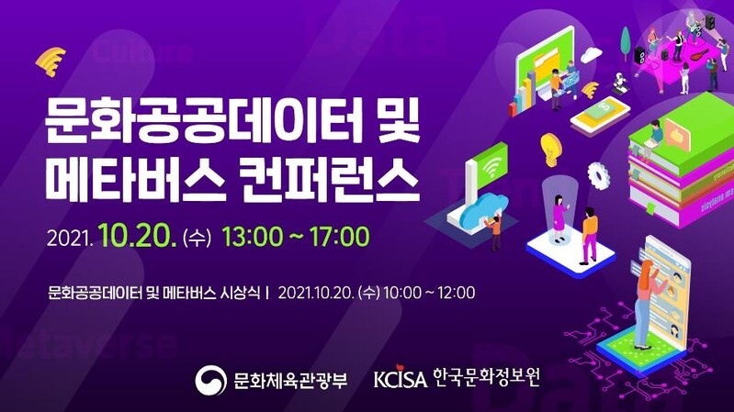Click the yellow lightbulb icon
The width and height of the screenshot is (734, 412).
pos(550,147)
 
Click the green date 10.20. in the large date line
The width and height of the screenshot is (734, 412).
pos(139,237)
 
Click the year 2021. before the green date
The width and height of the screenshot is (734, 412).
pos(70,239)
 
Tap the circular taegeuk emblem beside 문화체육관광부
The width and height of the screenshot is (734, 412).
pos(211,378)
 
